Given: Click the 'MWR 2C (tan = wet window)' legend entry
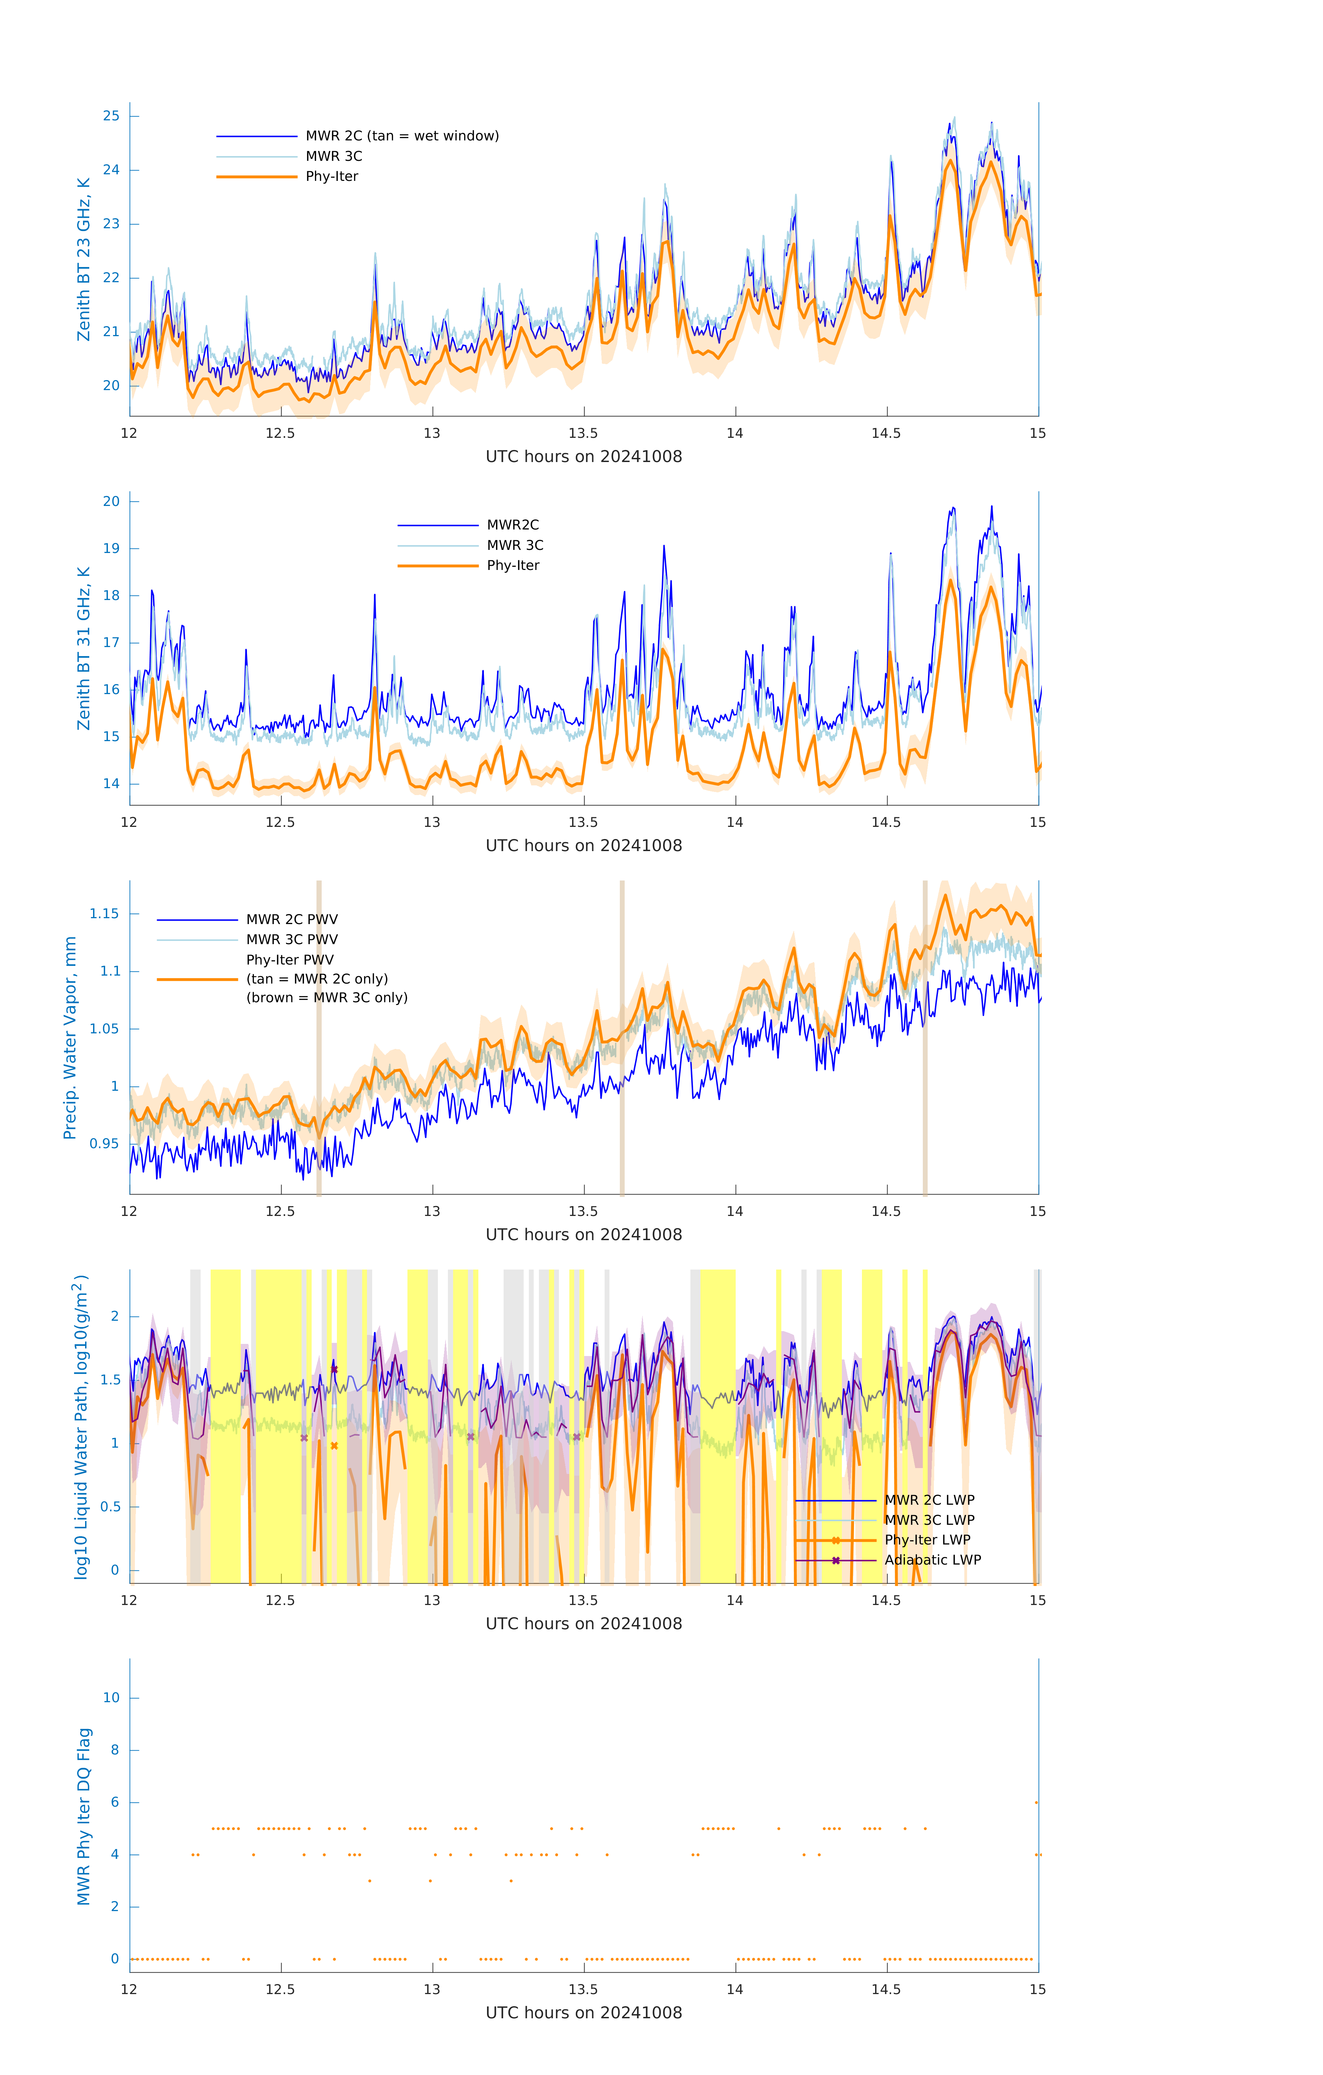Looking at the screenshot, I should point(402,136).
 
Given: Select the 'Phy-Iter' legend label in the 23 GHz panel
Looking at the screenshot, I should point(332,177).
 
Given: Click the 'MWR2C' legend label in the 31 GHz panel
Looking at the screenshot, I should point(513,525).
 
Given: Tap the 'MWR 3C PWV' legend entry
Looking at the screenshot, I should point(292,939).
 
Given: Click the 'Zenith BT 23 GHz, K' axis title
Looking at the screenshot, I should point(84,259).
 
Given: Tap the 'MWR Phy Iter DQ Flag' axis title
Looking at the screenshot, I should point(84,1816).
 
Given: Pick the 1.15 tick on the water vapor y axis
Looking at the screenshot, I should point(104,913).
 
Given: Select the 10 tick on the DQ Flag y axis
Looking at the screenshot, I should point(111,1698).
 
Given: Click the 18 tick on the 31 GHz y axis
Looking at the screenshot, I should point(111,596).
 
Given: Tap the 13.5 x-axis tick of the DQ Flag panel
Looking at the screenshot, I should point(584,1990).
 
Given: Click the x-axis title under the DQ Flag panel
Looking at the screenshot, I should point(584,2013).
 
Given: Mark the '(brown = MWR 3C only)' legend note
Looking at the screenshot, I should point(327,998).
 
